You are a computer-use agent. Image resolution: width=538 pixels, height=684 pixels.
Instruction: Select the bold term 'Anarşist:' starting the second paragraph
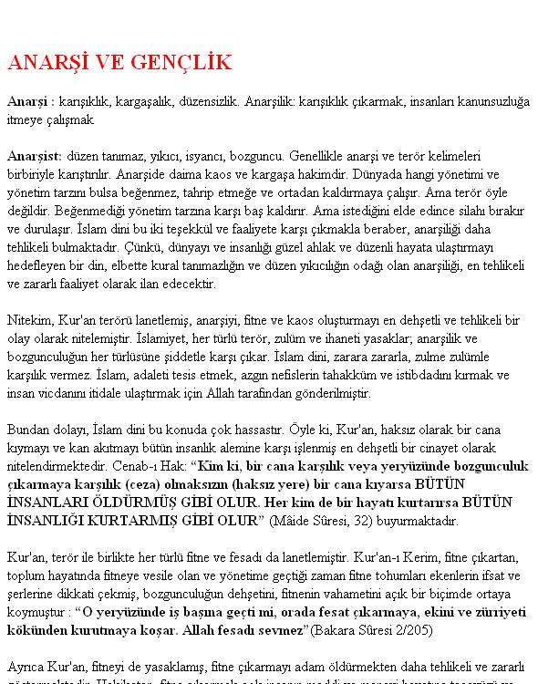[x=35, y=156]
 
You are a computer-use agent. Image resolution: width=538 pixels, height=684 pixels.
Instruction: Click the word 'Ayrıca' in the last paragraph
[x=26, y=665]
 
